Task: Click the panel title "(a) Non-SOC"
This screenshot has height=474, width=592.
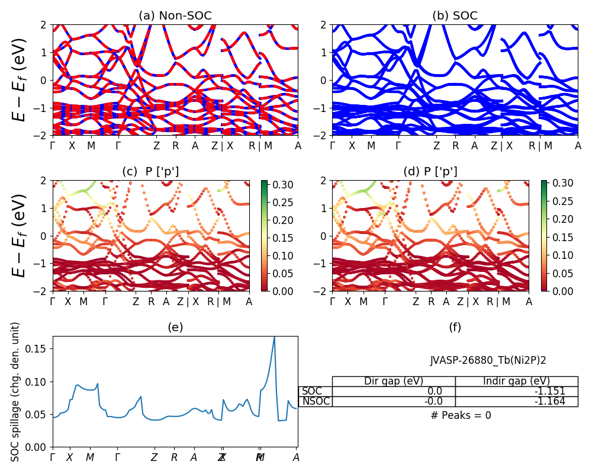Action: pyautogui.click(x=175, y=16)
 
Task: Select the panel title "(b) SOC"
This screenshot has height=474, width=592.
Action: pyautogui.click(x=455, y=16)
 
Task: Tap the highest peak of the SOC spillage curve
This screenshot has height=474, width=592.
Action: pyautogui.click(x=274, y=337)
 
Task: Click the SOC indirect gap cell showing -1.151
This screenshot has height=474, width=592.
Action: pyautogui.click(x=516, y=391)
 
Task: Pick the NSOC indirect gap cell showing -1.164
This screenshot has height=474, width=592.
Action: pyautogui.click(x=516, y=401)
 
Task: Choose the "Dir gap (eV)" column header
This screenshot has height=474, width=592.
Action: pyautogui.click(x=394, y=381)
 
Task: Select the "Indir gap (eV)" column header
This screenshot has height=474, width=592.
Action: pyautogui.click(x=516, y=381)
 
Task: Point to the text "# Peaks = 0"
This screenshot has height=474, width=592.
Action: pyautogui.click(x=461, y=415)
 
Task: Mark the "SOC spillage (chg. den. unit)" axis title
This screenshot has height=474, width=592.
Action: pyautogui.click(x=16, y=392)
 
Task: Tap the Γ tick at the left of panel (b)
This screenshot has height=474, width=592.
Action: pyautogui.click(x=332, y=146)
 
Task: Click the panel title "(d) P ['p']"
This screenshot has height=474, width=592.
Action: pyautogui.click(x=430, y=172)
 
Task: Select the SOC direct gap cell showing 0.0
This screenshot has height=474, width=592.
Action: pyautogui.click(x=394, y=391)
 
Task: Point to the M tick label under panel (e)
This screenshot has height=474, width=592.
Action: pyautogui.click(x=90, y=457)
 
